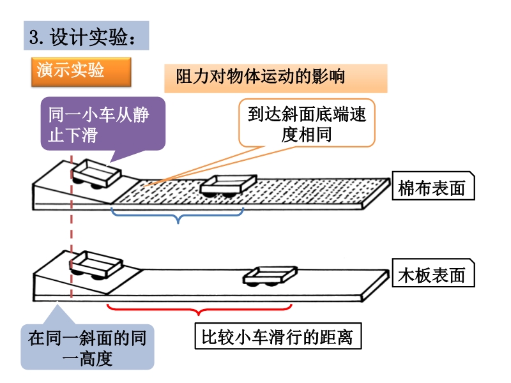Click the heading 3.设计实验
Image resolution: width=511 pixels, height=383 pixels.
tap(85, 36)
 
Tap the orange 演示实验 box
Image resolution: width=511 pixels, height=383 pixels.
tap(81, 71)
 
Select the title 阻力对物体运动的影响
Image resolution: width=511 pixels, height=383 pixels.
tap(275, 78)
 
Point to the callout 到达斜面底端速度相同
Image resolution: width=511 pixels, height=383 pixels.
tap(307, 123)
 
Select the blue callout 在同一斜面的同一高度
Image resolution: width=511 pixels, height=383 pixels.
tap(88, 347)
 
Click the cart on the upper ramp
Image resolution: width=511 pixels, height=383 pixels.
tap(96, 174)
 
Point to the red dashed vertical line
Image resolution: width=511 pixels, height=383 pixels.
tap(70, 243)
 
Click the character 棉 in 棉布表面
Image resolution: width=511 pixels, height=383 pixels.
tap(407, 188)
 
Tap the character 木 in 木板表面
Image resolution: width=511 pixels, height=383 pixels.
tap(407, 275)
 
